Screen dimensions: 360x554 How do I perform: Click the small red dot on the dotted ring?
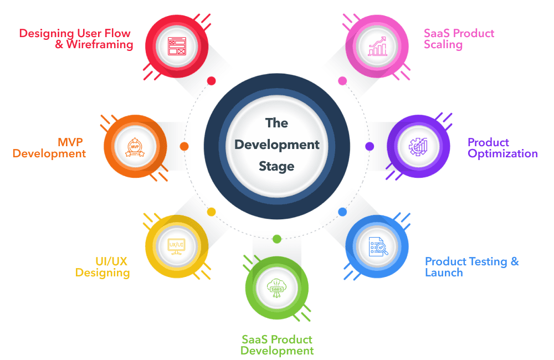211,81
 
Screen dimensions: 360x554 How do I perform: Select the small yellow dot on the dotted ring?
211,212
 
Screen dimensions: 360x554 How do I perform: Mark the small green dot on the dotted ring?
277,239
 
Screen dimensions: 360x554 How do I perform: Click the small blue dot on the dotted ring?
342,212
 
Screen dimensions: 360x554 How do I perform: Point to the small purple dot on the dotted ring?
370,147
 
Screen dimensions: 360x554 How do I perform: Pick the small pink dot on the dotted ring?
342,81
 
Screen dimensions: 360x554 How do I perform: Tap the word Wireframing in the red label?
100,45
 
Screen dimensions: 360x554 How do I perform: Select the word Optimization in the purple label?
502,154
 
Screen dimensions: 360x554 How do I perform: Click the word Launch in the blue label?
444,272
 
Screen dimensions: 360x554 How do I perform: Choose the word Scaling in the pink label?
443,45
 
